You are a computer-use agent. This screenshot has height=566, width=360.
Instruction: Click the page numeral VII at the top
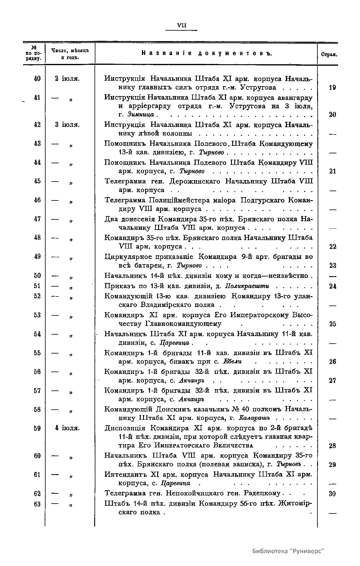pyautogui.click(x=182, y=26)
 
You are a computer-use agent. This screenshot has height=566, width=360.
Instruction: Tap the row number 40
pyautogui.click(x=37, y=79)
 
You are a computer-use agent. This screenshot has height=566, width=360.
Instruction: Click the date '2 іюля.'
pyautogui.click(x=67, y=79)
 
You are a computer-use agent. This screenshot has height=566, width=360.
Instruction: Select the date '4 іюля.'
pyautogui.click(x=67, y=428)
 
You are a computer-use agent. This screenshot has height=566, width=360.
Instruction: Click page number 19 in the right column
pyautogui.click(x=332, y=88)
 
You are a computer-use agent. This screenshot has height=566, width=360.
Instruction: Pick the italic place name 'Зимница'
pyautogui.click(x=140, y=115)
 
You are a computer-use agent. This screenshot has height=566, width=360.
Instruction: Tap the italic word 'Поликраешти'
pyautogui.click(x=247, y=286)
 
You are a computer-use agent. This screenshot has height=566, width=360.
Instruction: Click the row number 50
pyautogui.click(x=37, y=275)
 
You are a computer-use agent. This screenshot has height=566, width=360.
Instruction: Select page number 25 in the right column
pyautogui.click(x=332, y=324)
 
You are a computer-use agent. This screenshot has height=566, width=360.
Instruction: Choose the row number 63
pyautogui.click(x=37, y=504)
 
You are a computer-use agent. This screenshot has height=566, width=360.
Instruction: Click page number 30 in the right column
pyautogui.click(x=332, y=494)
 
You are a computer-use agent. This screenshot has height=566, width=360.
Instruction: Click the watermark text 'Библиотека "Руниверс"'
pyautogui.click(x=288, y=551)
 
